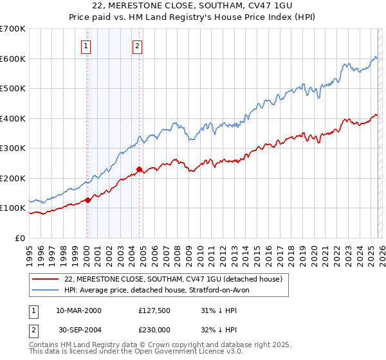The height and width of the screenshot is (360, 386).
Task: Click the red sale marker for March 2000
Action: tap(87, 200)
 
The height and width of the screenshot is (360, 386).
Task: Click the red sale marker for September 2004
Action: tap(139, 170)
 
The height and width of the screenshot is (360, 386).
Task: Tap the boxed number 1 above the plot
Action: tap(86, 45)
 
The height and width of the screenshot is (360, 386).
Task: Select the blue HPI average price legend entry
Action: tap(161, 290)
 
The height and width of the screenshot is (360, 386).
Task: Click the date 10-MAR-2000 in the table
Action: tap(78, 310)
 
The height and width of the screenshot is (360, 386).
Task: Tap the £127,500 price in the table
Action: tap(156, 310)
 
